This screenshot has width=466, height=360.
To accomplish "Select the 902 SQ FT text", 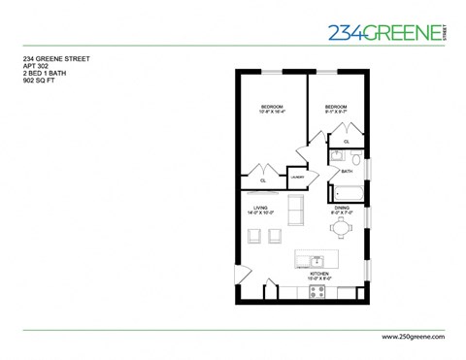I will pos(42,82).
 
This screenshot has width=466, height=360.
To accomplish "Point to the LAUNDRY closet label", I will pos(298,178).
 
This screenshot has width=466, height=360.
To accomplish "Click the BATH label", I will pos(347,171).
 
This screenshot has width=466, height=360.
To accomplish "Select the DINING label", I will pos(342,208).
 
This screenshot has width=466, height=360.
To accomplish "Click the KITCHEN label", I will pos(320,275).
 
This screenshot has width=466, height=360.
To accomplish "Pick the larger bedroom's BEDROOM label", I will pos(272,106).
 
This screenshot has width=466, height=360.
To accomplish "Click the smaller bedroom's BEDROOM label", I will pos(336,106).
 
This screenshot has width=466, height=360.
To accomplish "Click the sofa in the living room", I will pos(296,210).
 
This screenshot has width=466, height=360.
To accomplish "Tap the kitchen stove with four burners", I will pos(317,290).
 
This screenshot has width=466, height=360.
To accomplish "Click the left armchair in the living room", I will pos(254,234).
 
